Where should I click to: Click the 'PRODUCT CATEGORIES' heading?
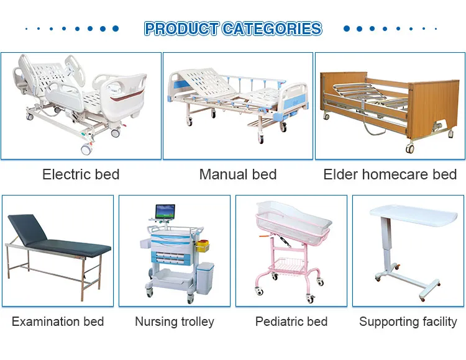233,29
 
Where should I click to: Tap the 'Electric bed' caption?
81,174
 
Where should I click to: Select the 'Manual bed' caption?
238,174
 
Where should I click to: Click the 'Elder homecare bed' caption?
390,174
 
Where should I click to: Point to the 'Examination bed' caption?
58,322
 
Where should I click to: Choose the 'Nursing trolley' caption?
175,322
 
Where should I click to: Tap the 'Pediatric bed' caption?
291,322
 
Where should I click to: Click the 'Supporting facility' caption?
408,322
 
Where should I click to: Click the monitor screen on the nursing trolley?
165,212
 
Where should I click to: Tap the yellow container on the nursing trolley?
203,246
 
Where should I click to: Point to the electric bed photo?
81,106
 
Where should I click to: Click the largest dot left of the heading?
115,29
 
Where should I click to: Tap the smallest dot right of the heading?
436,29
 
